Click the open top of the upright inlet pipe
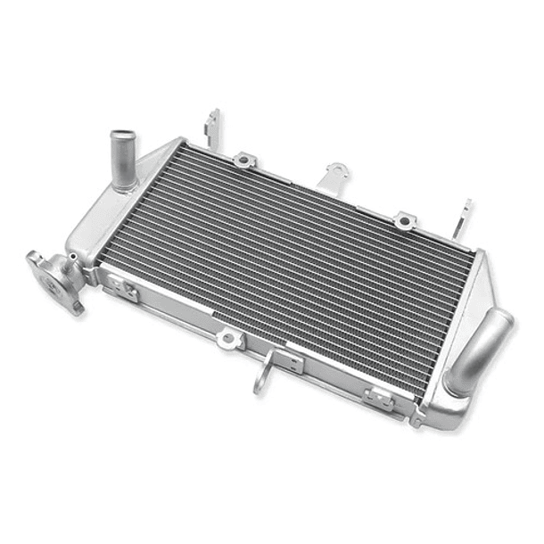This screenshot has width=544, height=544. [x=120, y=136]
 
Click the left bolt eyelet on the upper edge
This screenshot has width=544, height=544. [x=243, y=161]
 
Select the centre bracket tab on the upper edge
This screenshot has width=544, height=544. [x=335, y=174]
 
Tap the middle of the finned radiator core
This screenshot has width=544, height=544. [x=303, y=268]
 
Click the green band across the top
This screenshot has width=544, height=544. [x=272, y=45]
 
